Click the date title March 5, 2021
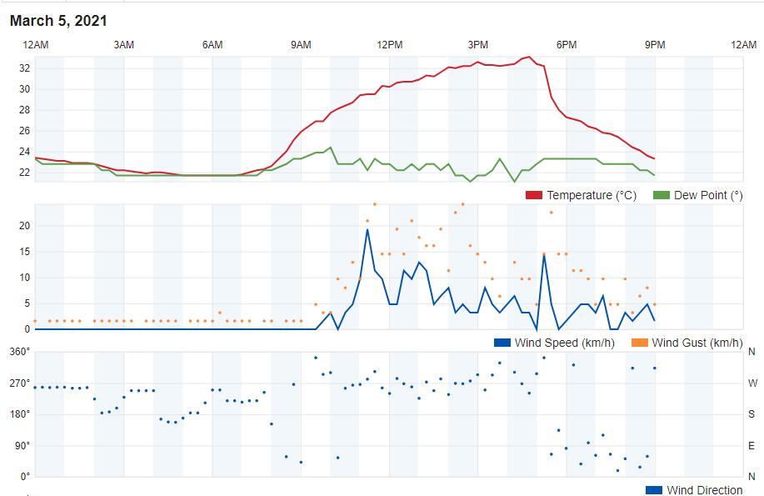(x=58, y=21)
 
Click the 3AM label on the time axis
(x=124, y=44)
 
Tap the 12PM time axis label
(x=389, y=44)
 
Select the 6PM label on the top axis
(x=567, y=44)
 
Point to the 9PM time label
(x=655, y=44)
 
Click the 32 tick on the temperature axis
(x=24, y=68)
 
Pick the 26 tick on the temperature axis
(x=24, y=131)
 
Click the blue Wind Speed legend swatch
(x=502, y=343)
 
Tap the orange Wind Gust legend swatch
(x=639, y=343)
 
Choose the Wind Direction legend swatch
(x=654, y=490)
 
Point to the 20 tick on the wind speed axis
(x=24, y=225)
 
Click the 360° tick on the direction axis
(x=20, y=352)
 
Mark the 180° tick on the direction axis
(x=20, y=414)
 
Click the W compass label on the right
(x=752, y=383)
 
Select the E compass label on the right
(x=752, y=446)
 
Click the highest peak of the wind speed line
(x=367, y=229)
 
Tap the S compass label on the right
(x=752, y=414)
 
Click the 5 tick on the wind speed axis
(x=27, y=303)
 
